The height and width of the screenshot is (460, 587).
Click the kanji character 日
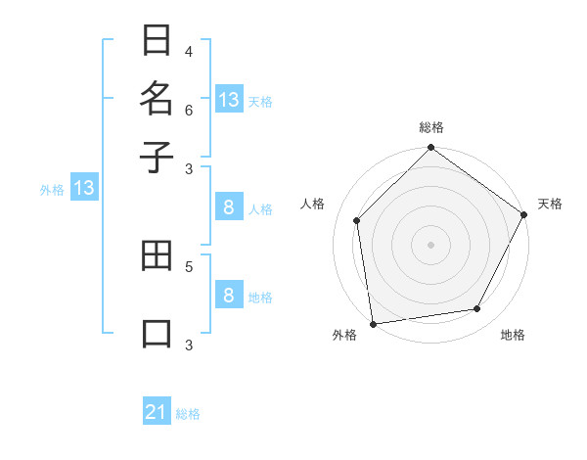click(157, 42)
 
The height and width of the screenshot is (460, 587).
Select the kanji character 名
click(157, 99)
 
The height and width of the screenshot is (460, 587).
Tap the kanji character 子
click(157, 157)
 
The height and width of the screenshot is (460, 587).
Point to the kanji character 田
click(157, 258)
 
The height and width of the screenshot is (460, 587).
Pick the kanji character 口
click(157, 333)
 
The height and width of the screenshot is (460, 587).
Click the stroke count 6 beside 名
click(189, 110)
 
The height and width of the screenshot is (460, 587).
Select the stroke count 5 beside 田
click(189, 265)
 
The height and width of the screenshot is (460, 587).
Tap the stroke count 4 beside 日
click(189, 52)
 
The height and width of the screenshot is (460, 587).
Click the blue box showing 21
click(157, 412)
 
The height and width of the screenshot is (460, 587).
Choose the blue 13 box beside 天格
click(229, 99)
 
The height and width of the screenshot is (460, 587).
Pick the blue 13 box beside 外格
click(84, 188)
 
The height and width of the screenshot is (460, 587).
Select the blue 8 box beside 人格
click(228, 207)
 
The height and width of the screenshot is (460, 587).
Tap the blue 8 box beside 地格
click(228, 295)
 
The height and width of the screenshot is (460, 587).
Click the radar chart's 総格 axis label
click(431, 127)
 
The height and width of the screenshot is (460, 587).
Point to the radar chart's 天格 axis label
click(550, 204)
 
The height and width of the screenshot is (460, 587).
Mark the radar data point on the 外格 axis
click(373, 324)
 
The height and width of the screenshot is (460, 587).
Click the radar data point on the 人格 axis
click(357, 220)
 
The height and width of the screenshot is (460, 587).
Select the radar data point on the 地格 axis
click(477, 308)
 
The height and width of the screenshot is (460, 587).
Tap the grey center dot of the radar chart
click(430, 244)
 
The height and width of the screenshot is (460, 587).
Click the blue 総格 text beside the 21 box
click(188, 414)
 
